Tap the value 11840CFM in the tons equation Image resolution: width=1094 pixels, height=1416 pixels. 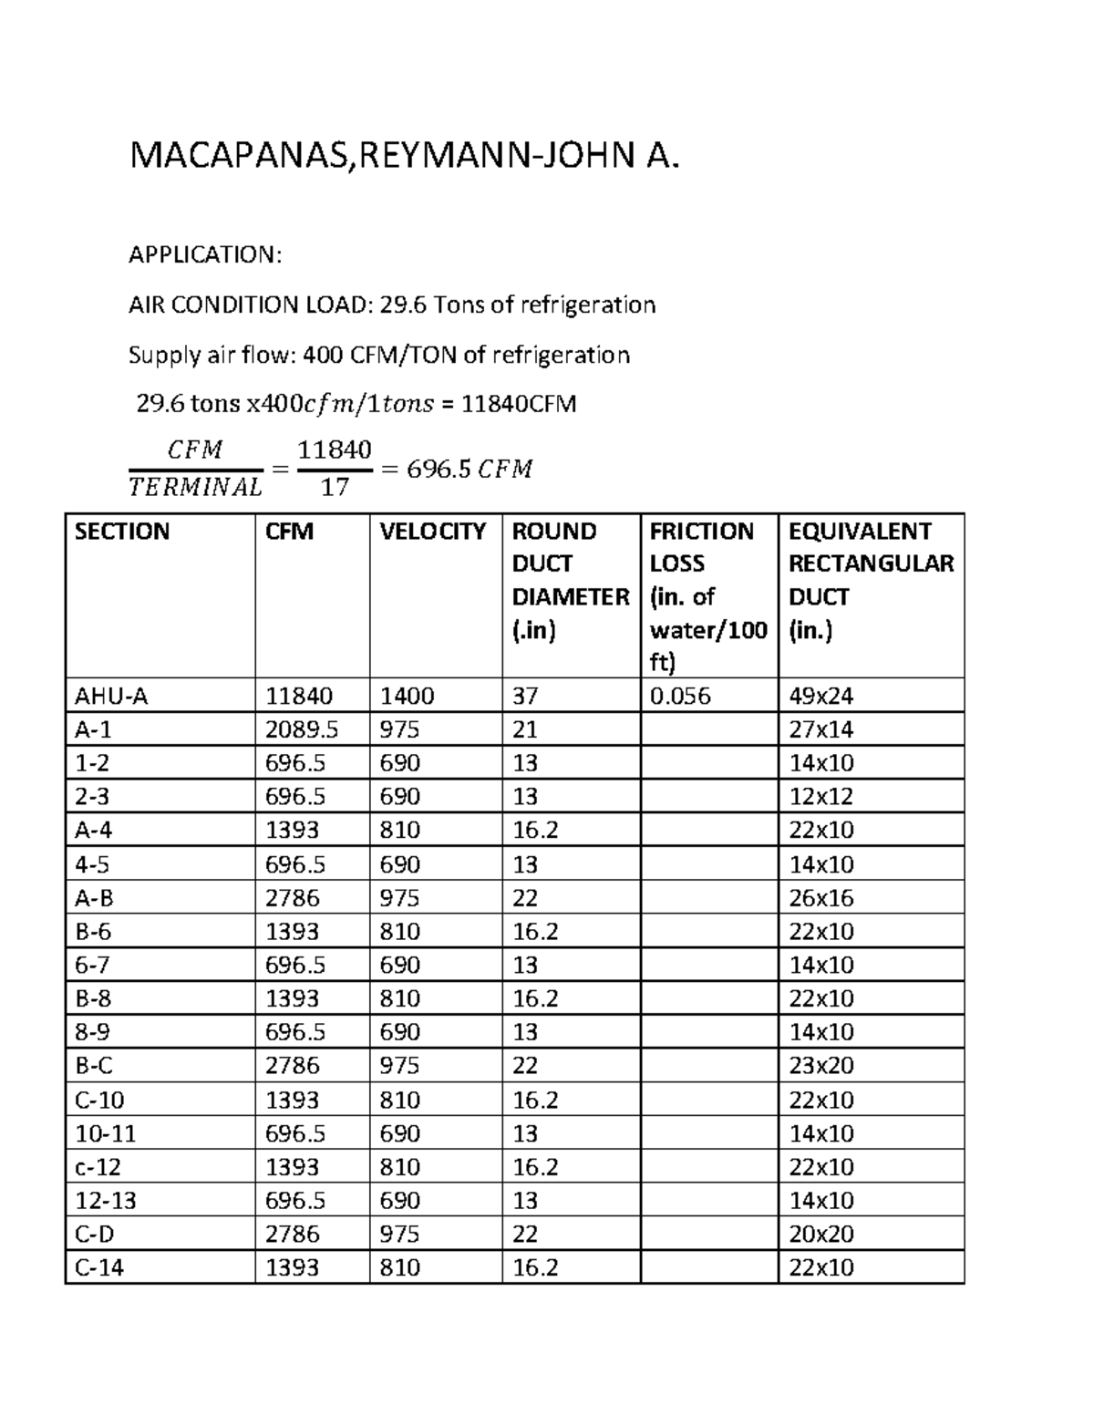(x=519, y=404)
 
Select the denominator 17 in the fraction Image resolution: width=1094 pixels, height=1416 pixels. (x=335, y=488)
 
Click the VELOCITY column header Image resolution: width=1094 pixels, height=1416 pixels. (x=433, y=532)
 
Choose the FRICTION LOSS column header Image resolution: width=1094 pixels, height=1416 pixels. (x=701, y=547)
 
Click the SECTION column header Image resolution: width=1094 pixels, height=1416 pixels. (x=122, y=532)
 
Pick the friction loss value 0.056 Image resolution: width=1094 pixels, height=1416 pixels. (x=680, y=697)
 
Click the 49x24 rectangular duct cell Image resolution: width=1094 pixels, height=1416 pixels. (x=820, y=697)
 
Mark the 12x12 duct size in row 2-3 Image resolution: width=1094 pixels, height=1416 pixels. (x=820, y=797)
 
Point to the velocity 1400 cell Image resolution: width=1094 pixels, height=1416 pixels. (x=407, y=697)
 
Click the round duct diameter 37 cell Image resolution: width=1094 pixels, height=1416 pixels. (x=525, y=697)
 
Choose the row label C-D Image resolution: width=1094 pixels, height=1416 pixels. (x=95, y=1235)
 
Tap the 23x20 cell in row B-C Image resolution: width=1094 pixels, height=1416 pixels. (x=820, y=1066)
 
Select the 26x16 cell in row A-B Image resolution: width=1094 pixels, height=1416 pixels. (x=820, y=898)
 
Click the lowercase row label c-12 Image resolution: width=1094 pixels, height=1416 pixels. (x=98, y=1167)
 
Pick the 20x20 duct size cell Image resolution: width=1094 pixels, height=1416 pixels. (x=820, y=1235)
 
